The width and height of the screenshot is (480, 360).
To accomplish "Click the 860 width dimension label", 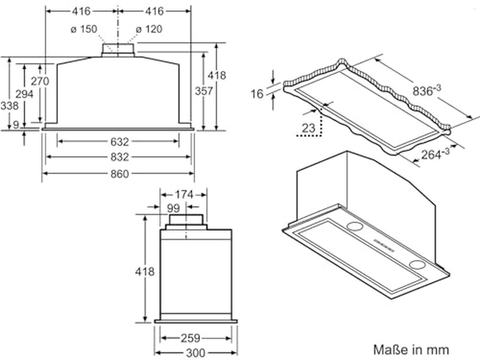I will click(x=119, y=174).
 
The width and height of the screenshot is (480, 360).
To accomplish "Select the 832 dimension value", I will click(x=119, y=157).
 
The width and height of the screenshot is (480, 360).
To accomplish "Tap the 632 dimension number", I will click(x=119, y=142).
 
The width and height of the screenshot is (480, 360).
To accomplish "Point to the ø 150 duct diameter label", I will click(x=84, y=29).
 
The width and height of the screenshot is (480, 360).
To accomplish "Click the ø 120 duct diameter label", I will click(x=149, y=29).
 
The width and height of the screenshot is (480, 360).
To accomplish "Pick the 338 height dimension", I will click(x=9, y=106).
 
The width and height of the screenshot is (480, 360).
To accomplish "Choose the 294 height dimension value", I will click(x=25, y=94).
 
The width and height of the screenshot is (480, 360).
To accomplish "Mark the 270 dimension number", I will click(x=40, y=81).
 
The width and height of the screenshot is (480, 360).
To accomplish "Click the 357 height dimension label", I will click(x=204, y=91).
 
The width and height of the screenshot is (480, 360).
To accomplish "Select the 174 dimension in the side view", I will click(x=184, y=195).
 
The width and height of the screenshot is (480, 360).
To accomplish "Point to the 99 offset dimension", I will click(x=173, y=208).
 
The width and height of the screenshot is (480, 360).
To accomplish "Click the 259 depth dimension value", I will click(x=190, y=338).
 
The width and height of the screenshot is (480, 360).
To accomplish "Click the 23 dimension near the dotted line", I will click(x=309, y=128).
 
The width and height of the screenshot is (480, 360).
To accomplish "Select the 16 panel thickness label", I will click(x=257, y=94).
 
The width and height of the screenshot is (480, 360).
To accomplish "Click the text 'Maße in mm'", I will click(x=411, y=350).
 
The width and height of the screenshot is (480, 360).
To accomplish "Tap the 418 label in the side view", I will click(x=145, y=271).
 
